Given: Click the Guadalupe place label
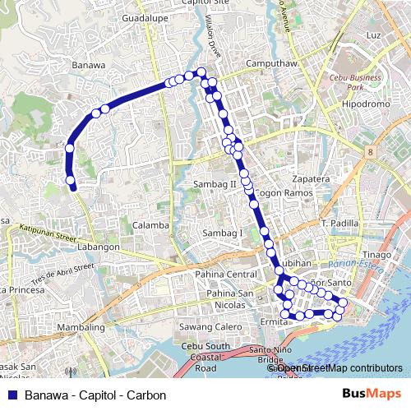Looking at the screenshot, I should coord(144,17).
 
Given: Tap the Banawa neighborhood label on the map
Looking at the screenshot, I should coord(89,64).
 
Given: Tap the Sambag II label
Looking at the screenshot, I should coord(215,185).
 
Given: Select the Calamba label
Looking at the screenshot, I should coord(150,224).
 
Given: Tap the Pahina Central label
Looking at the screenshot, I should coord(228,274).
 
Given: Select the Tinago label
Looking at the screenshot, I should coord(377,255).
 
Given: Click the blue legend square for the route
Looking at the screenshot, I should coord(12,395).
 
